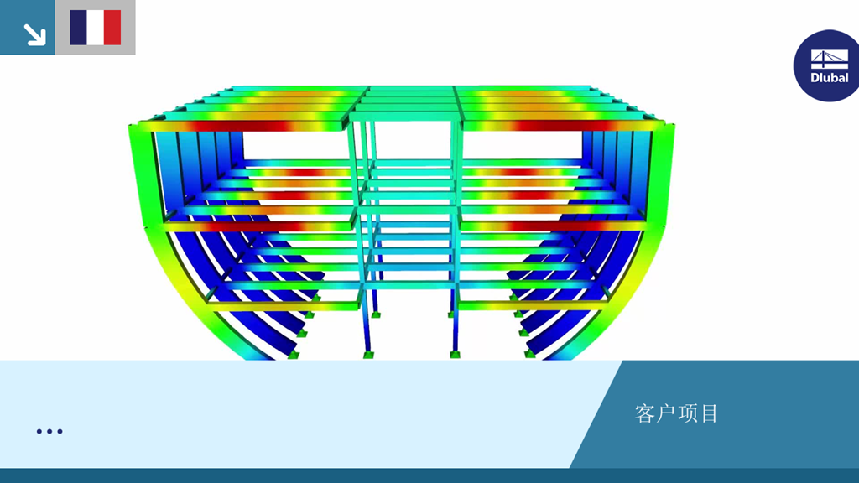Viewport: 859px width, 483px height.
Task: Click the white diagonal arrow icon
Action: (x=34, y=34)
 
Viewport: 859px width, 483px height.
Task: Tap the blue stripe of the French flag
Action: (x=78, y=28)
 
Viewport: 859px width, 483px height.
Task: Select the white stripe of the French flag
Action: (x=96, y=28)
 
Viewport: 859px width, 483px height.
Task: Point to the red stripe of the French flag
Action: (x=112, y=28)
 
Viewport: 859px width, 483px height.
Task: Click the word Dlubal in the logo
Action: (x=830, y=78)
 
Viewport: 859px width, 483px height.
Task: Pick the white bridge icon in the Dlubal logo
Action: (x=830, y=60)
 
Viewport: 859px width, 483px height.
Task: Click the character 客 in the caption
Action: (x=645, y=413)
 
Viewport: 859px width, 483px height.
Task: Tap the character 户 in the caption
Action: (x=666, y=413)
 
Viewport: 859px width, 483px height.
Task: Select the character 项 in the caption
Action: (x=688, y=413)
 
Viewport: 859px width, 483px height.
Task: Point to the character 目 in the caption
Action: (x=709, y=413)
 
